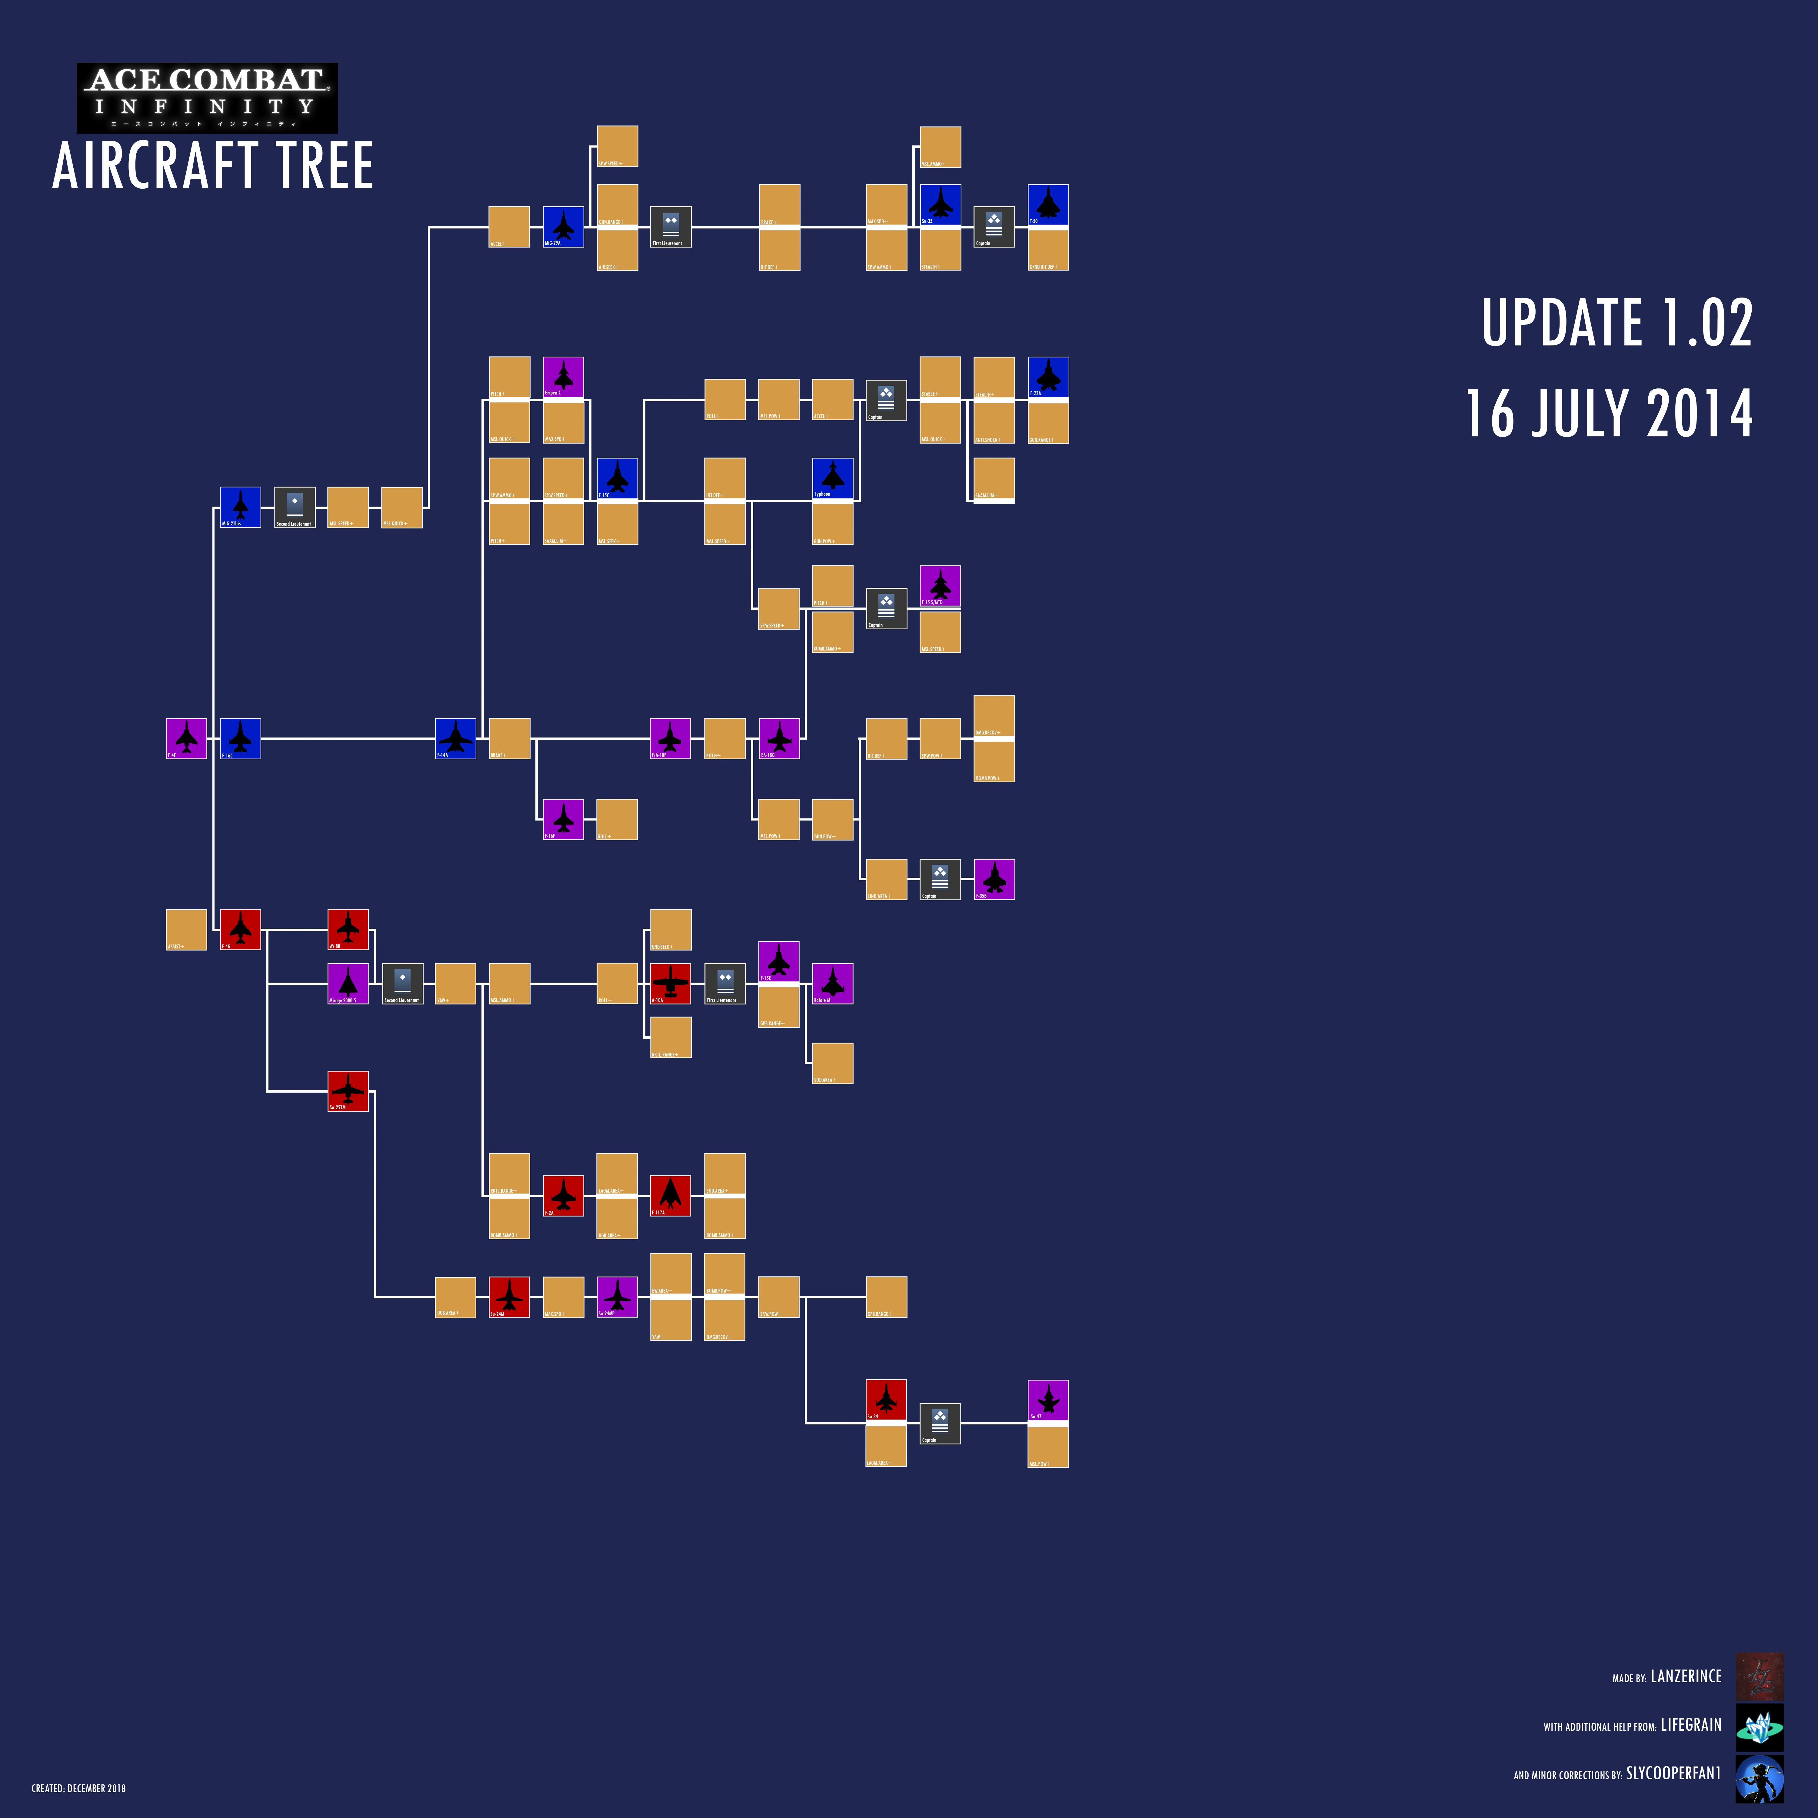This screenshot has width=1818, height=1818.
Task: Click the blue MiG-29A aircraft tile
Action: click(563, 227)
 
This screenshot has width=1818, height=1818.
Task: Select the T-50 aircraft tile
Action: click(1047, 205)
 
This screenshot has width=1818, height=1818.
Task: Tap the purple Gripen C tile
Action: click(563, 377)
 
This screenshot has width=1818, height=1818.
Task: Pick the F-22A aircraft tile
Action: click(1047, 377)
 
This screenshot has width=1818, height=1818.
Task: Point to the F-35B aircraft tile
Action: click(994, 879)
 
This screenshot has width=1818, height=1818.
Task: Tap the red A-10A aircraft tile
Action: click(670, 983)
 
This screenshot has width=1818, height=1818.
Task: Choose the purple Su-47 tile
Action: click(1047, 1400)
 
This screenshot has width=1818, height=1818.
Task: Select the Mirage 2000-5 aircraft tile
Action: click(347, 983)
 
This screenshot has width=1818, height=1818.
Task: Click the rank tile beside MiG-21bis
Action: click(295, 507)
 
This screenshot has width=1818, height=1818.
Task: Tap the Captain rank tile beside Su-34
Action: click(939, 1423)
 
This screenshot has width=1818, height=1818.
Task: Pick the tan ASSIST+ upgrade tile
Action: click(186, 930)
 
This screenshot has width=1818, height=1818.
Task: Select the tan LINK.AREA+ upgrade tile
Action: click(885, 879)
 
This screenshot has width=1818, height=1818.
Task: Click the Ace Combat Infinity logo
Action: click(207, 98)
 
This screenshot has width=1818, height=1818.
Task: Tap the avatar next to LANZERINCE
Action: click(1759, 1676)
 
